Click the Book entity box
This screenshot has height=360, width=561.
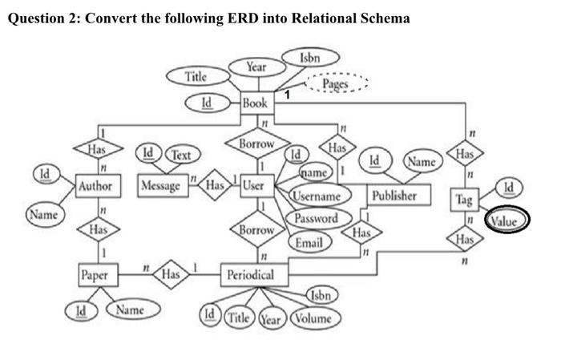click(x=256, y=103)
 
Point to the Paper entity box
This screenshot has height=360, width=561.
click(x=95, y=275)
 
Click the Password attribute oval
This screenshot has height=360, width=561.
click(x=315, y=218)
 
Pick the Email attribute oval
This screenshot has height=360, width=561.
click(x=309, y=241)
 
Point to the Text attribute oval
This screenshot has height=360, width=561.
click(x=181, y=153)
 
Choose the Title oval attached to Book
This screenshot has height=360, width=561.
click(x=196, y=77)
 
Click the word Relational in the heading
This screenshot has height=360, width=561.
click(x=304, y=18)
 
